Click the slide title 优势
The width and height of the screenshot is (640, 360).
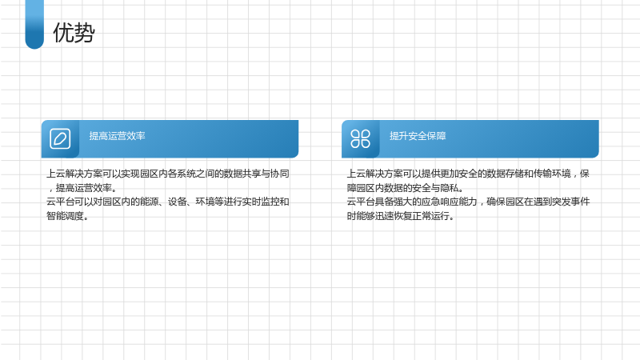[74, 33]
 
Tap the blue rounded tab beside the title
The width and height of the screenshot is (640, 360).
[34, 25]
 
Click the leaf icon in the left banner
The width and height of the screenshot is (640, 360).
[60, 138]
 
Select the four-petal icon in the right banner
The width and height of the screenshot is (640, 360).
[361, 138]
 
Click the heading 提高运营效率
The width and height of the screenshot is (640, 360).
[117, 136]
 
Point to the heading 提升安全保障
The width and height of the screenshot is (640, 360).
[418, 136]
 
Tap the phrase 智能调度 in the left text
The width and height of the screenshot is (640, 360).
[65, 216]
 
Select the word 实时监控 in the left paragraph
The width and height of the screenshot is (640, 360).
[261, 202]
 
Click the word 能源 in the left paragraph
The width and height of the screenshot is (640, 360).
[149, 202]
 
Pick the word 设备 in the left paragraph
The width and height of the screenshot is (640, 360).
[177, 202]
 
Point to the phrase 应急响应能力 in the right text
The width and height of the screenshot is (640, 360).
[450, 202]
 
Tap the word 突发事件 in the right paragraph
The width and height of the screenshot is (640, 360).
[571, 202]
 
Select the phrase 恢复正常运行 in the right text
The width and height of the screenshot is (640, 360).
[422, 216]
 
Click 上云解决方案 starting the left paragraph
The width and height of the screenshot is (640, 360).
[74, 174]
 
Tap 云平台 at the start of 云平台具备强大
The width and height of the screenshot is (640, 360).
[361, 202]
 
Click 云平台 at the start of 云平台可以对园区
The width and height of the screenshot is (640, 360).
[60, 202]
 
